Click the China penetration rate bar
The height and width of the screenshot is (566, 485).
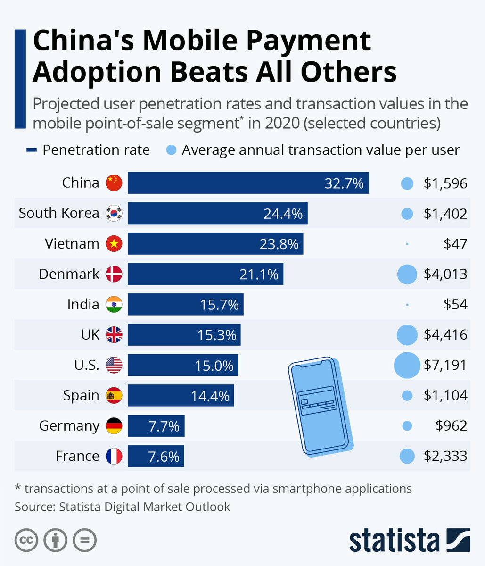(248, 183)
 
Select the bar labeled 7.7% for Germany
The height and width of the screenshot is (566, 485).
(156, 426)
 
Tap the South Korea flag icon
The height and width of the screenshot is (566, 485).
(114, 213)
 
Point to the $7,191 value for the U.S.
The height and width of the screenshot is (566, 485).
(445, 365)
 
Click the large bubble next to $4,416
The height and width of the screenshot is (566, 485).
(407, 335)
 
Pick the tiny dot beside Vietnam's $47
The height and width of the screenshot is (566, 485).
(407, 244)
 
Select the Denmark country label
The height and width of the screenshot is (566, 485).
(69, 274)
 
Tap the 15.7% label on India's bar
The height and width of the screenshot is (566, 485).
(219, 305)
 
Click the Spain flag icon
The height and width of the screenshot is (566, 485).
(114, 395)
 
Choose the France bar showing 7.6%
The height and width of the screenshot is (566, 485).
(156, 457)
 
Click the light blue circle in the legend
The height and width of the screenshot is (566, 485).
(172, 150)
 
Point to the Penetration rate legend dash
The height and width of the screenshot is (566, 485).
(32, 150)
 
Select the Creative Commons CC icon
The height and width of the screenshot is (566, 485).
(26, 540)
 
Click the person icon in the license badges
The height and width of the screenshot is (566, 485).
(55, 540)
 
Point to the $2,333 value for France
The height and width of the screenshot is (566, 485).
(445, 456)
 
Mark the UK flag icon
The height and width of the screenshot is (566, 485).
(114, 335)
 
